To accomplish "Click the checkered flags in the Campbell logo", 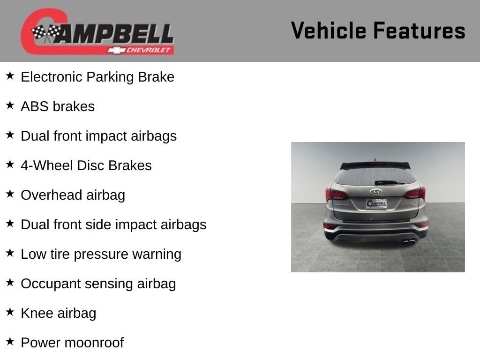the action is tap(46, 33).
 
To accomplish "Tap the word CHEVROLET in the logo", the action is tap(148, 50).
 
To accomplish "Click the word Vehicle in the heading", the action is tap(329, 30).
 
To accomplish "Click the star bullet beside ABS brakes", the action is tap(10, 105).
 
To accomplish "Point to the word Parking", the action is tap(110, 77).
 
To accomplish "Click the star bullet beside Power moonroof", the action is tap(10, 341).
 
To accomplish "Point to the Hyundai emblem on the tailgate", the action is tap(376, 192).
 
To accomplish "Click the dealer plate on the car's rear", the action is tap(376, 203).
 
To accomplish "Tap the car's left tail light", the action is tap(336, 195).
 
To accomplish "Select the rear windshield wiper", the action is tap(389, 182).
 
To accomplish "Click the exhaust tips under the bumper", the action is tap(409, 242).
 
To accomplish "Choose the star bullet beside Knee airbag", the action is tap(10, 312).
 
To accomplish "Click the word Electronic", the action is tap(52, 77).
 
